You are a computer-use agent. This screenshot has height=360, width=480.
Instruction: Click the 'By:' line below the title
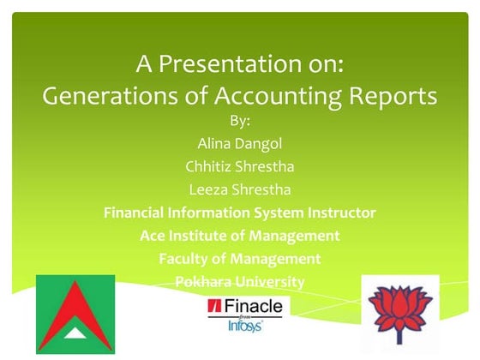click(240, 120)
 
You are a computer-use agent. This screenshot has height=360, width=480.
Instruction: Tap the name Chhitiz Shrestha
click(240, 165)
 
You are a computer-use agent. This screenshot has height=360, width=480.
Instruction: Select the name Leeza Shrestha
click(240, 189)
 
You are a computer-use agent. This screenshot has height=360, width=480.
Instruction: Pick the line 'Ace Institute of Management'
click(240, 236)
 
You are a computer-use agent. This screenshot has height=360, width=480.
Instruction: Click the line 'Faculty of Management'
click(240, 259)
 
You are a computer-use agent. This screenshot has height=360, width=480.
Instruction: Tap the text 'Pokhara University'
click(240, 281)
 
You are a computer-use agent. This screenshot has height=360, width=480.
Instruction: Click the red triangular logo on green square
click(75, 314)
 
